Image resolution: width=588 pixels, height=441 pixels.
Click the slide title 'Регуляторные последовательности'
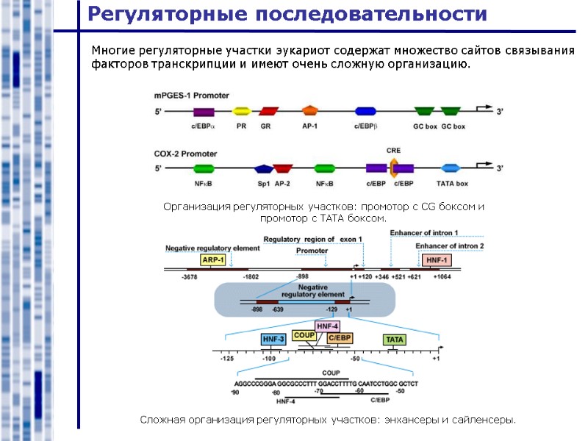pyautogui.click(x=287, y=14)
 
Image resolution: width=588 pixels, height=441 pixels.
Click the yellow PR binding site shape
pyautogui.click(x=241, y=112)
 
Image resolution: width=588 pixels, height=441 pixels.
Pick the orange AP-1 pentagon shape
pyautogui.click(x=310, y=111)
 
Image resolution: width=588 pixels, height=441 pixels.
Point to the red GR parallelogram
pyautogui.click(x=269, y=112)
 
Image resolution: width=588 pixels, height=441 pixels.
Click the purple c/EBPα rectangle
pyautogui.click(x=204, y=112)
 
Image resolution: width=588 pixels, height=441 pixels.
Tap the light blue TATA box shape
pyautogui.click(x=450, y=168)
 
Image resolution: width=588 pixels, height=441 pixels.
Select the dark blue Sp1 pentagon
pyautogui.click(x=263, y=169)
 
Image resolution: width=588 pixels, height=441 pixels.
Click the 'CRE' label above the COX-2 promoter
pyautogui.click(x=393, y=150)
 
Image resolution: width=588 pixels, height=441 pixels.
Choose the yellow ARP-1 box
pyautogui.click(x=212, y=260)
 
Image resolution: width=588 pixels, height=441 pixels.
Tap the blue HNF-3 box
pyautogui.click(x=273, y=340)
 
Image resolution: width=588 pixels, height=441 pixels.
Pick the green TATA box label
pyautogui.click(x=395, y=340)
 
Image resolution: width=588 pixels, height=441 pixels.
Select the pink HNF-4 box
pyautogui.click(x=327, y=326)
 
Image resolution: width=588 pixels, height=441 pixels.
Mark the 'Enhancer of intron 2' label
pyautogui.click(x=450, y=245)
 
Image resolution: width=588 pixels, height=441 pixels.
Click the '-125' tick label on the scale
pyautogui.click(x=227, y=359)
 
